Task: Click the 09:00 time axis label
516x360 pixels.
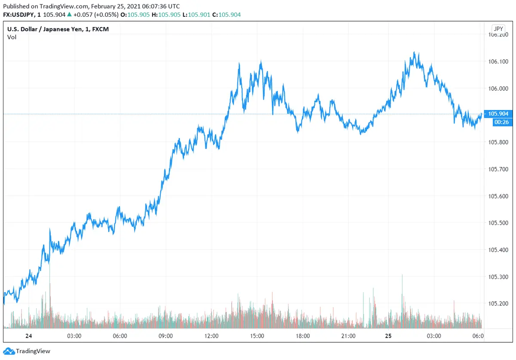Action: tap(166, 336)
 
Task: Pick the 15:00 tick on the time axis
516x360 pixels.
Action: tap(257, 336)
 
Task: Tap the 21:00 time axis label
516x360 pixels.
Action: tap(348, 336)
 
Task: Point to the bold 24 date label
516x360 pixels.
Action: tap(29, 336)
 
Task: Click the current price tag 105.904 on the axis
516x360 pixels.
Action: tap(498, 114)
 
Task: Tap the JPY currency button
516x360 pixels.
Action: tap(498, 29)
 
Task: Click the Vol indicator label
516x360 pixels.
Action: tap(12, 37)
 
